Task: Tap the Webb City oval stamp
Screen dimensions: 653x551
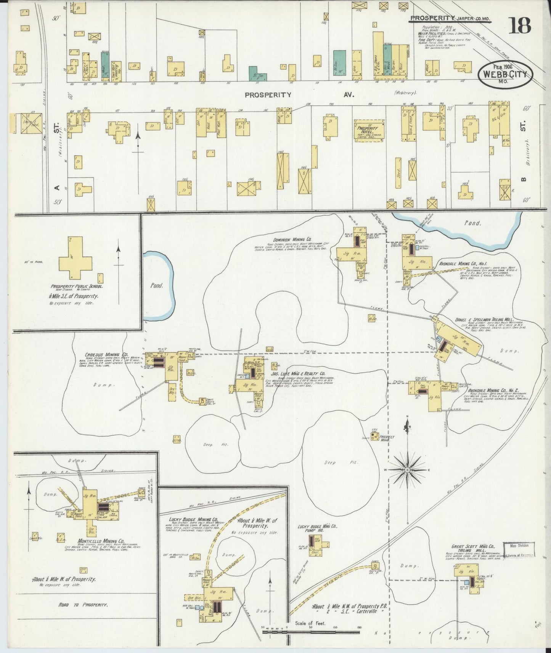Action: (x=505, y=74)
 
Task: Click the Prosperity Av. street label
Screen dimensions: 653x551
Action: (x=299, y=95)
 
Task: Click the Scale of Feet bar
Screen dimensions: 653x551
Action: (x=311, y=632)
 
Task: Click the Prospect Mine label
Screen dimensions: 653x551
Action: (x=387, y=439)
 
